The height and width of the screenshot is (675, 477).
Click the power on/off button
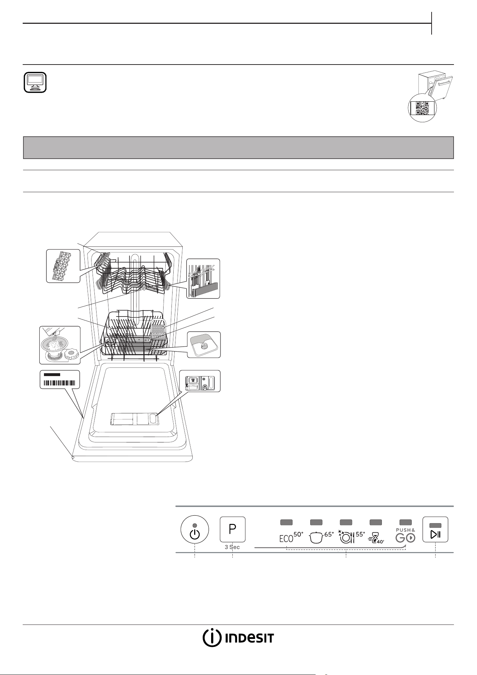[x=195, y=529]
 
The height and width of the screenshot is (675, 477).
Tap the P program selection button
[x=233, y=529]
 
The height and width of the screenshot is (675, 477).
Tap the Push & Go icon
[x=406, y=535]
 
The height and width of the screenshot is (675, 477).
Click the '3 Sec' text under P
[x=232, y=547]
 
